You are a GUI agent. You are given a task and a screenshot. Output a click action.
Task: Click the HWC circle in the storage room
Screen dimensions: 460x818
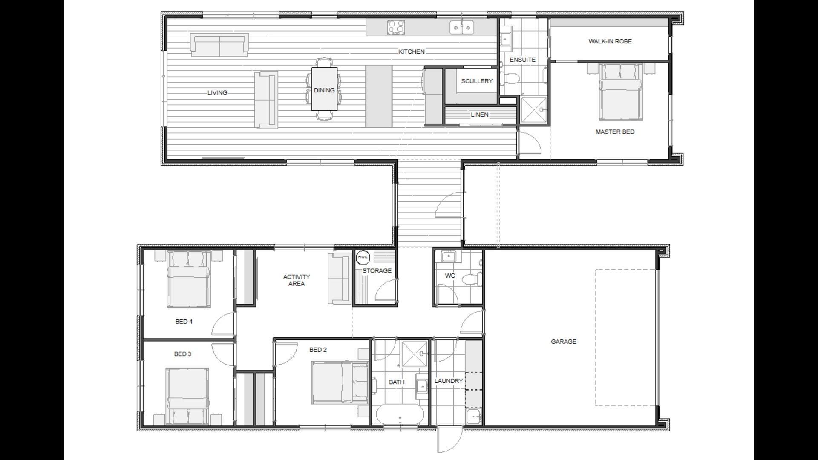(x=363, y=257)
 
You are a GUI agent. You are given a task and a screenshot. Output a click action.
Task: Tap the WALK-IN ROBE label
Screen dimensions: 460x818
(x=610, y=41)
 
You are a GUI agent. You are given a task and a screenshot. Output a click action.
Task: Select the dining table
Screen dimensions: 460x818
(x=324, y=89)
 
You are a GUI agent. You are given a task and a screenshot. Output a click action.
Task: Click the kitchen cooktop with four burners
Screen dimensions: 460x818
(x=396, y=28)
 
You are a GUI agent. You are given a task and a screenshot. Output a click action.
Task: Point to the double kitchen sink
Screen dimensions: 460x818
(x=462, y=28)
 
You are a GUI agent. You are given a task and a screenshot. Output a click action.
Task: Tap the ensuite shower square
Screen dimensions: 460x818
(x=533, y=109)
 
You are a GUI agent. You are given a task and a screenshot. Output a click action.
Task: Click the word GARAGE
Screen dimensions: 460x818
(x=563, y=342)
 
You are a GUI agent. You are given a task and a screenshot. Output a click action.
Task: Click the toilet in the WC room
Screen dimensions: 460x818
(x=472, y=279)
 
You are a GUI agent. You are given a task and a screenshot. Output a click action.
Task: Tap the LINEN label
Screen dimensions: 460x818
(x=479, y=115)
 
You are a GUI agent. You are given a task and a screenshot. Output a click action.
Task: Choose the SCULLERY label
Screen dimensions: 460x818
(x=476, y=81)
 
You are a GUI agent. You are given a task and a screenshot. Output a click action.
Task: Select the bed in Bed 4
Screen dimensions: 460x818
(x=188, y=279)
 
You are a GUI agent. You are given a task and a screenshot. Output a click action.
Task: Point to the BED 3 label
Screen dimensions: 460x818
(x=182, y=354)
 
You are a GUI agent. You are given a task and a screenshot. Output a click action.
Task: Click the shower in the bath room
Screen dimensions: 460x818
(x=415, y=353)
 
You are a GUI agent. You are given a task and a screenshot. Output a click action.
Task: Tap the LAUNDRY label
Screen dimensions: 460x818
(x=448, y=381)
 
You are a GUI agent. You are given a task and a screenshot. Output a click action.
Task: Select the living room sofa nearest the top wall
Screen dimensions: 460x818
(x=219, y=45)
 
